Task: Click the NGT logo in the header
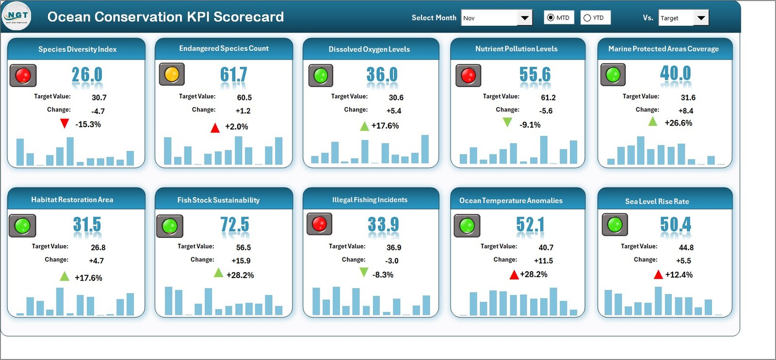point(16,16)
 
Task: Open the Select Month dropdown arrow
point(524,18)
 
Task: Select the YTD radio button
point(587,18)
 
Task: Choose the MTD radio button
point(550,18)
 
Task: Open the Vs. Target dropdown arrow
point(701,18)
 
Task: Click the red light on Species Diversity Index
point(23,76)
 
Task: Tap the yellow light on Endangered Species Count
point(172,75)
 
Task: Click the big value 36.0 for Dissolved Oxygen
point(382,75)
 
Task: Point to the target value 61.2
point(548,98)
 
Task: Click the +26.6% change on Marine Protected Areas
point(678,123)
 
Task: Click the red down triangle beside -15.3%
point(65,124)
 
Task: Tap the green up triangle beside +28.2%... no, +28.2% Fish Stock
point(219,273)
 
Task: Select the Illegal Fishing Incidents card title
point(370,200)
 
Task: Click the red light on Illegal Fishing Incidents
point(319,224)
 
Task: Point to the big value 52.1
point(530,225)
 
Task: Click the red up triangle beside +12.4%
point(658,275)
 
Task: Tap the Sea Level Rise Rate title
point(657,201)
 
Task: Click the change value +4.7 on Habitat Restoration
point(96,261)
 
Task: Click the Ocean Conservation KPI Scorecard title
point(165,17)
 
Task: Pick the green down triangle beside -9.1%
point(507,123)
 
